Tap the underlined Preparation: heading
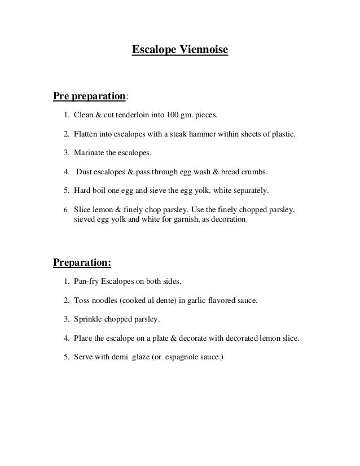[x=82, y=263]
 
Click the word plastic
[x=281, y=136]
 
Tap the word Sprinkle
[x=90, y=319]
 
